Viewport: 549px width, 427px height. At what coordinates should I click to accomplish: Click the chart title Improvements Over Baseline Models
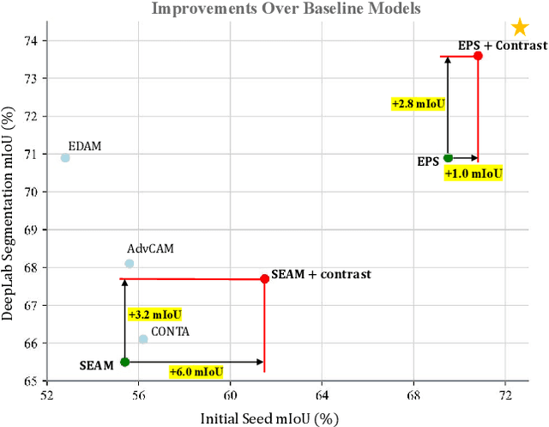pos(287,9)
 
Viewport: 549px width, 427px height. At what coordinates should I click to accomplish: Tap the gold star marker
pos(519,27)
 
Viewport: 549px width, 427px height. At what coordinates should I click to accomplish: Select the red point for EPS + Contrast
pos(478,56)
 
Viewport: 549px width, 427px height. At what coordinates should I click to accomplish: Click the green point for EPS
pos(448,158)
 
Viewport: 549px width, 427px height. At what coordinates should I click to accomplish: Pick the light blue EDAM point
pos(65,158)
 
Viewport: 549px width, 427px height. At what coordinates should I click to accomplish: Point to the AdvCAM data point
pos(130,264)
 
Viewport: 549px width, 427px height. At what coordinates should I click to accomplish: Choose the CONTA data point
pos(143,339)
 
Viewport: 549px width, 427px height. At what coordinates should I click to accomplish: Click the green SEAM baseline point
pos(125,362)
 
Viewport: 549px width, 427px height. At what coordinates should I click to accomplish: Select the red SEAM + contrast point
pos(264,278)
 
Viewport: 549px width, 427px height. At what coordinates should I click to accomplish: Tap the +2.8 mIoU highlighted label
pos(419,103)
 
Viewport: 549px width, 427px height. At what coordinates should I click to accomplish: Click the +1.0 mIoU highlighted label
pos(473,174)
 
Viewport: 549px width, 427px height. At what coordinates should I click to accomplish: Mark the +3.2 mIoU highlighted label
pos(154,314)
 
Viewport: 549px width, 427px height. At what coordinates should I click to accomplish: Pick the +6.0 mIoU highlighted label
pos(196,372)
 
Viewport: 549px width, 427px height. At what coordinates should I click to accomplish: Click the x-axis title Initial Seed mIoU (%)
pos(270,418)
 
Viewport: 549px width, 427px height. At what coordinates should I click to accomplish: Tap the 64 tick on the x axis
pos(322,394)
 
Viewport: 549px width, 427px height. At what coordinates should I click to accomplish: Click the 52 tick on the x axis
pos(46,394)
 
